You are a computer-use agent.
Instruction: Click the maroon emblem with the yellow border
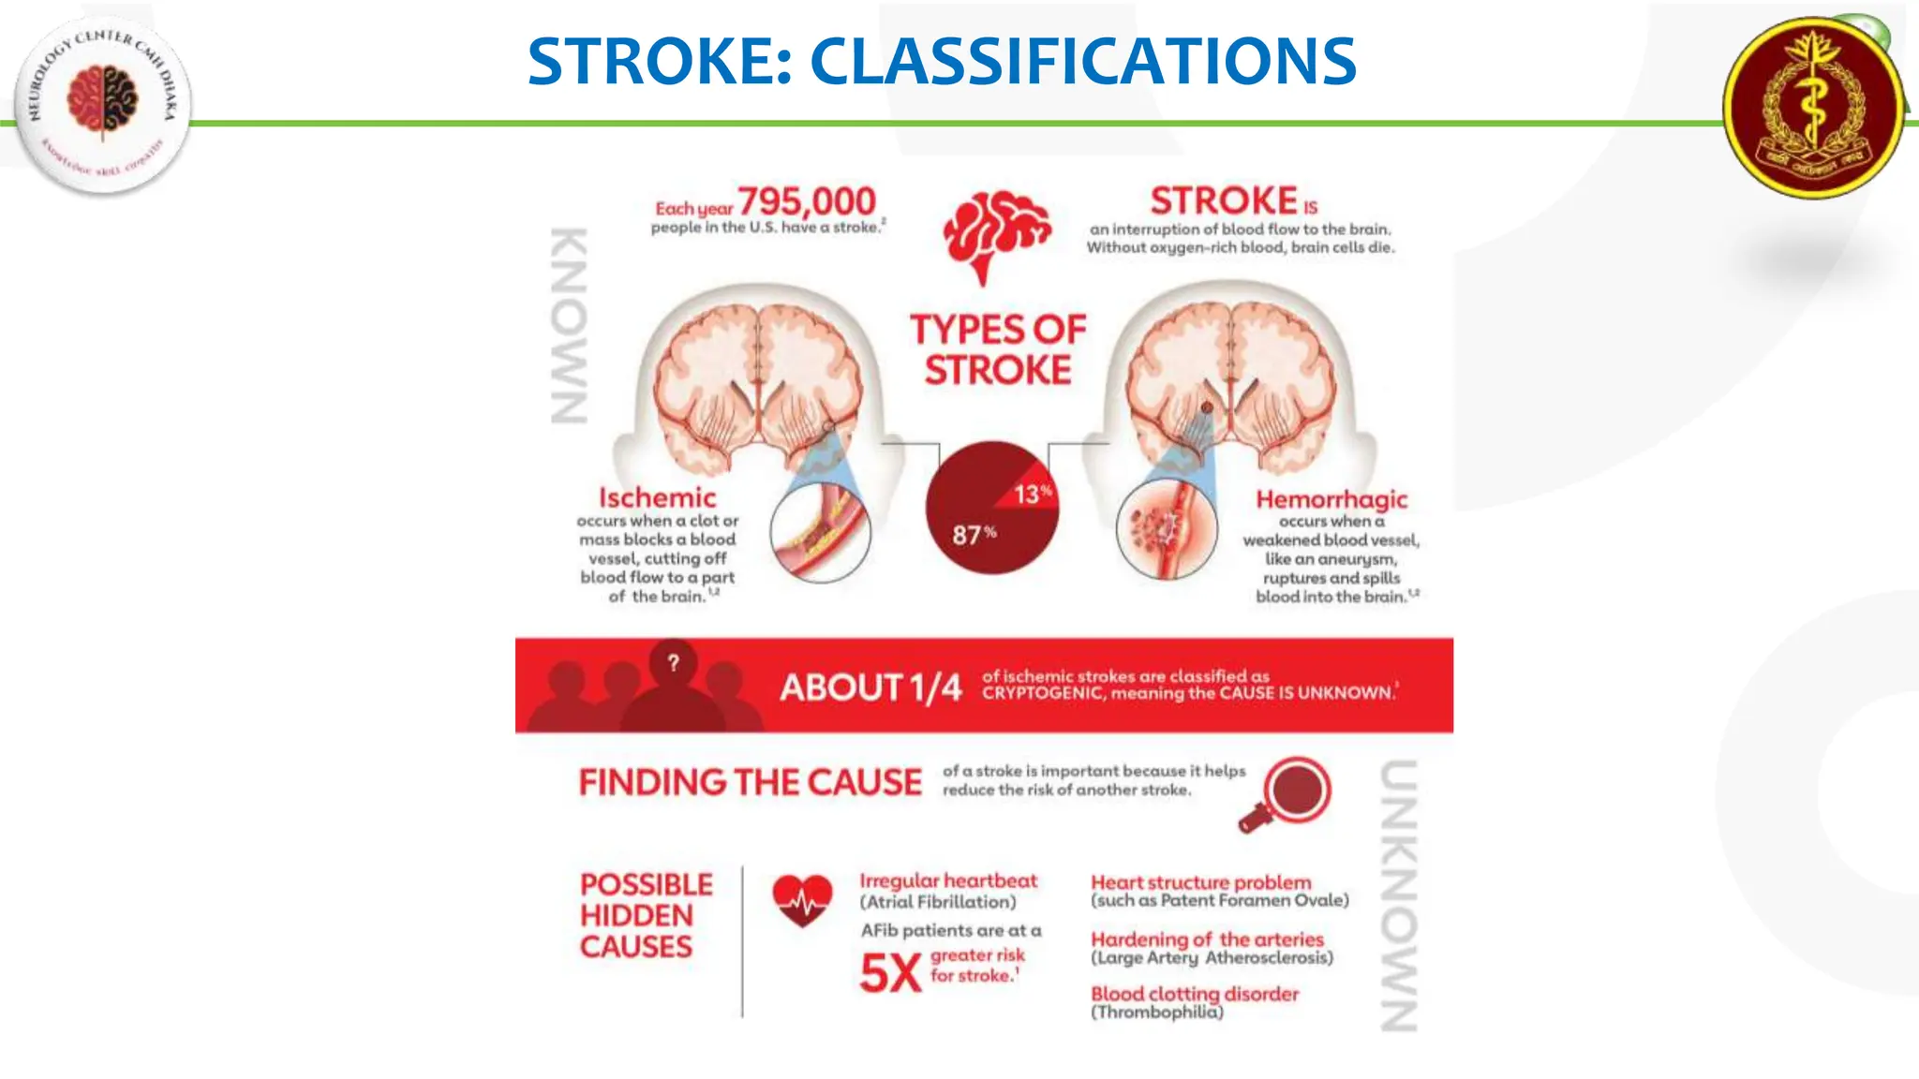tap(1814, 107)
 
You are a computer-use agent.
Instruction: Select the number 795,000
tap(807, 201)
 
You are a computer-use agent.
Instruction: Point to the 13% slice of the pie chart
tap(1031, 492)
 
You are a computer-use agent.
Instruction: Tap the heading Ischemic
tap(657, 497)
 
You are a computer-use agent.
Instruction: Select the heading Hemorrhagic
tap(1331, 499)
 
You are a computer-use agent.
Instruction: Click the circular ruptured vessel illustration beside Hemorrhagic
tap(1167, 529)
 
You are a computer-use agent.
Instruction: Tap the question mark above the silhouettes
tap(673, 662)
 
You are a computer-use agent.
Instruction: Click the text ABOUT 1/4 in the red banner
tap(870, 687)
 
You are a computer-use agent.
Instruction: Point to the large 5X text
tap(890, 973)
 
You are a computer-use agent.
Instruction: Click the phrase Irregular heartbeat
tap(948, 880)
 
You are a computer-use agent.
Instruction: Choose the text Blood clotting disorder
tap(1195, 994)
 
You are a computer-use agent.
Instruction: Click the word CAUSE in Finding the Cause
tap(864, 782)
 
